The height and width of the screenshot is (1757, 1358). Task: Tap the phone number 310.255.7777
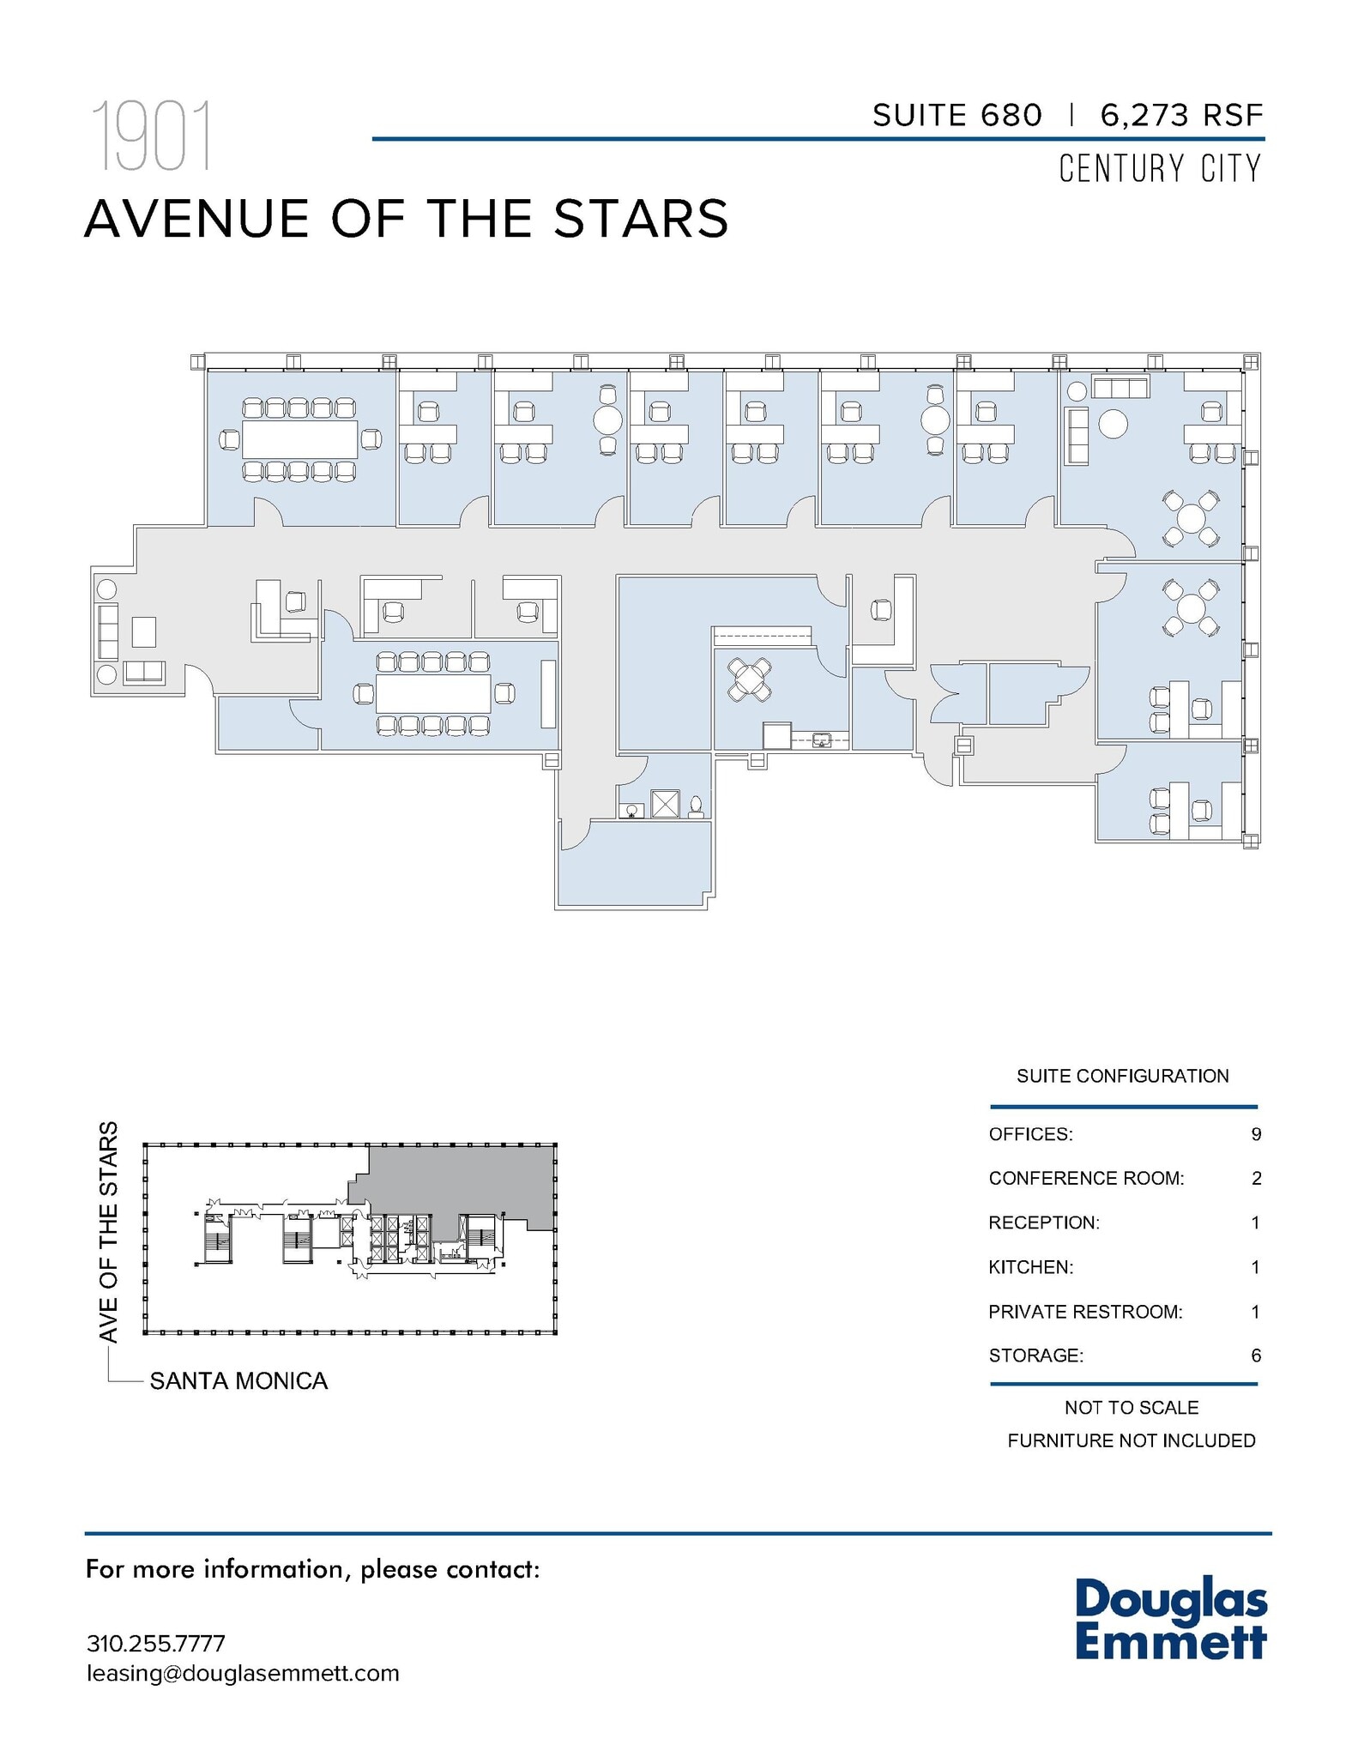point(156,1644)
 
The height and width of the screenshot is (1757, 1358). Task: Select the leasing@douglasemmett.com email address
point(243,1674)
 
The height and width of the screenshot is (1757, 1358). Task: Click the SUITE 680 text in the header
point(957,115)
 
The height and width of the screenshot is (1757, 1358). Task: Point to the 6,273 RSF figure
point(1181,115)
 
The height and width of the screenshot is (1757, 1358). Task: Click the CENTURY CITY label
point(1160,169)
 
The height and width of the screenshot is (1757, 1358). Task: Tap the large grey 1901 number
point(151,137)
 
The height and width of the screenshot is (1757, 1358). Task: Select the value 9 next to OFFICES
point(1256,1134)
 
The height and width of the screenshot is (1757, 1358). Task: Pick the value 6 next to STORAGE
point(1256,1355)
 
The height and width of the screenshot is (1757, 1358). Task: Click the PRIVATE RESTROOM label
point(1085,1312)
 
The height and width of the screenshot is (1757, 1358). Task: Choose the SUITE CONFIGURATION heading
point(1122,1076)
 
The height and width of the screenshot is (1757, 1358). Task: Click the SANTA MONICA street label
point(238,1381)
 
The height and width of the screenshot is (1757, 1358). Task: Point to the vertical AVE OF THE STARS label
point(108,1232)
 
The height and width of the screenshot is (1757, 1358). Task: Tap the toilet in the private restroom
point(696,806)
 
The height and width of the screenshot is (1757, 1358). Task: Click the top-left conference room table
point(299,439)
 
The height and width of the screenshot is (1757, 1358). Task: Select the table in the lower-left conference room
point(433,693)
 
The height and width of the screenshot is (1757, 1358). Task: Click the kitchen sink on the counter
point(822,740)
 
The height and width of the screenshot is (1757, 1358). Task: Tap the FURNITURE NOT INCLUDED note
point(1131,1440)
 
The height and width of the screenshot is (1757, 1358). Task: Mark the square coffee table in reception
point(144,632)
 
